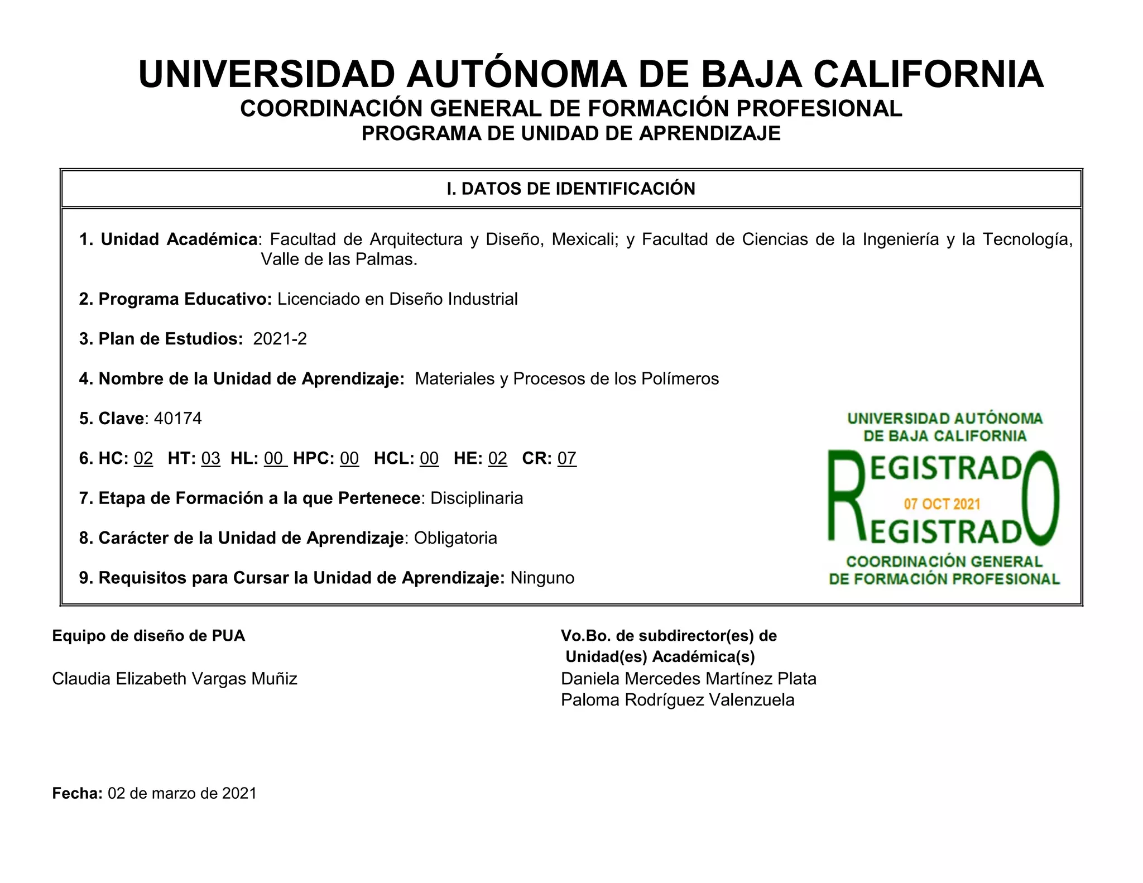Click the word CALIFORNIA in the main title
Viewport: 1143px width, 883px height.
[928, 74]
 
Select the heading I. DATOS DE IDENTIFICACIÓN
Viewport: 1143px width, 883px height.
[571, 189]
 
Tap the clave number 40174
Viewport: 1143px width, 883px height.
[177, 419]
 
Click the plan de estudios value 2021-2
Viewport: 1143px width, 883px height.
[280, 339]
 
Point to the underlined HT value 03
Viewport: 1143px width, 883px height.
[211, 458]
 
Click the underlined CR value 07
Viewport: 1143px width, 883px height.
[566, 458]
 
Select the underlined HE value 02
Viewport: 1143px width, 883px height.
[497, 458]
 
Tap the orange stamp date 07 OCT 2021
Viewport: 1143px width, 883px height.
[942, 504]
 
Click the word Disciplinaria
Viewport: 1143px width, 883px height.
[477, 498]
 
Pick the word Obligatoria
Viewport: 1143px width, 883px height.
[455, 538]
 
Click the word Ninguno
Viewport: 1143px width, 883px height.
[542, 578]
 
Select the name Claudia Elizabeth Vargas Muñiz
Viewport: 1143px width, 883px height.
[174, 679]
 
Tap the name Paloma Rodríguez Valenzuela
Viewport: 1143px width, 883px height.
[678, 700]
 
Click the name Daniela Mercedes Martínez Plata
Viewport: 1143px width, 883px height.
[689, 679]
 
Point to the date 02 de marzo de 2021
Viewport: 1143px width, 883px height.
[182, 793]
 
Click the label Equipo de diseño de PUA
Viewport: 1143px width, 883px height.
[148, 636]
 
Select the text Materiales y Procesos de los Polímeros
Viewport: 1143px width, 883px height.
[566, 379]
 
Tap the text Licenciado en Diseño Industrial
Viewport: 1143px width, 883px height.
[397, 299]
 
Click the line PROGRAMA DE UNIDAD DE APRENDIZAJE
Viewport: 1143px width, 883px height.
[571, 134]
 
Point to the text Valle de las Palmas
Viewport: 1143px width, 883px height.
[339, 260]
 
